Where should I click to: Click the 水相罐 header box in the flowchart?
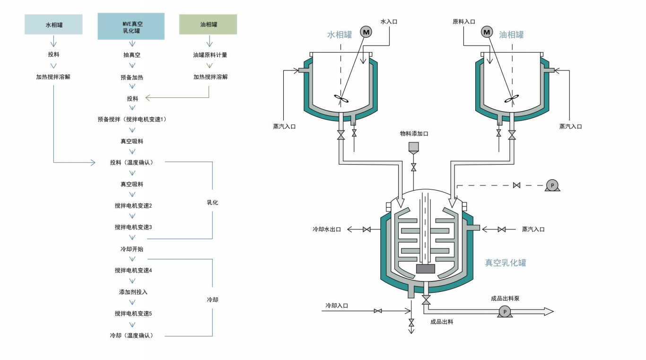pyautogui.click(x=53, y=25)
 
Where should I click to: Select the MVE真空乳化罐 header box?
pyautogui.click(x=131, y=26)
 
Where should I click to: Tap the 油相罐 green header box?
pyautogui.click(x=208, y=25)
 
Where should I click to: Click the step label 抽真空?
pyautogui.click(x=132, y=55)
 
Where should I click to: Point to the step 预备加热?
pyautogui.click(x=132, y=77)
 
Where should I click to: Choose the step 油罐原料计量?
pyautogui.click(x=210, y=55)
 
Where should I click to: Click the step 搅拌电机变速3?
pyautogui.click(x=133, y=227)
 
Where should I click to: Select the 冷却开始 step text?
pyautogui.click(x=132, y=249)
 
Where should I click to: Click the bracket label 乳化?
pyautogui.click(x=212, y=202)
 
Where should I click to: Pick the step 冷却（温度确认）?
pyautogui.click(x=131, y=335)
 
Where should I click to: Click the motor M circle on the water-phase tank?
pyautogui.click(x=366, y=32)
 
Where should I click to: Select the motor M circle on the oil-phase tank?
pyautogui.click(x=487, y=32)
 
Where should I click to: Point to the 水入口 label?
pyautogui.click(x=389, y=21)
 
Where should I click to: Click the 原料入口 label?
pyautogui.click(x=464, y=21)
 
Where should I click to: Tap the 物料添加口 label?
pyautogui.click(x=414, y=134)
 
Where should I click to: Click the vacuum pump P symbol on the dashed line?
pyautogui.click(x=552, y=185)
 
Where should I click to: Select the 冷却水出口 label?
pyautogui.click(x=326, y=229)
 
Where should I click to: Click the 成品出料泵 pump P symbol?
pyautogui.click(x=505, y=311)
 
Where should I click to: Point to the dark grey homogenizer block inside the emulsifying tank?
pyautogui.click(x=425, y=269)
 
